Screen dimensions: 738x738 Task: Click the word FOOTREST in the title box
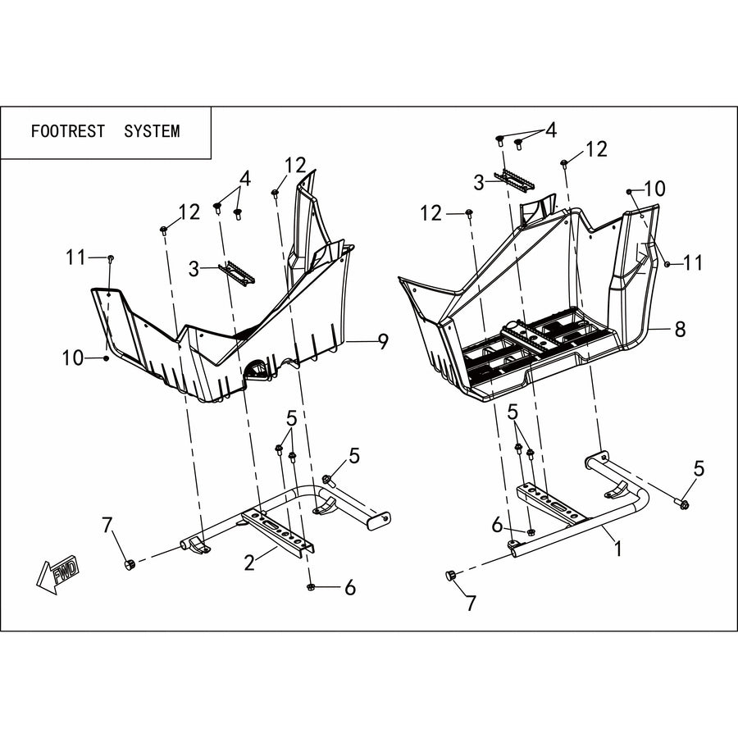[68, 131]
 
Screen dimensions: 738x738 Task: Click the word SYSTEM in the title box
[152, 131]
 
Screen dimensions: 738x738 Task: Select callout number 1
[618, 549]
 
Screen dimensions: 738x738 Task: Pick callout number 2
[249, 562]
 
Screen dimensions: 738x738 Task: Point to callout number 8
[680, 330]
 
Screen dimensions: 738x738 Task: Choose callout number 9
[384, 341]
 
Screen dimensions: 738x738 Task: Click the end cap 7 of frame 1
[450, 575]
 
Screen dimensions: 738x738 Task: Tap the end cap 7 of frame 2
[129, 563]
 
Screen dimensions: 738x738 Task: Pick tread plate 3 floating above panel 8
[513, 180]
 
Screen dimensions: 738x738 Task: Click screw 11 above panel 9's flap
[111, 258]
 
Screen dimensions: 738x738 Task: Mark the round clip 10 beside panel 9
[107, 358]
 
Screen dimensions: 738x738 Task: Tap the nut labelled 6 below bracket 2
[310, 587]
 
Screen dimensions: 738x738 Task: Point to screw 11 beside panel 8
[667, 265]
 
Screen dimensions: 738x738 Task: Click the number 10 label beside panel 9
[73, 358]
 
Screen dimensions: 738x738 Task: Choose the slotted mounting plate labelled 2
[279, 533]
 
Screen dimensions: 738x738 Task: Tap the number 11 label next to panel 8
[692, 262]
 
